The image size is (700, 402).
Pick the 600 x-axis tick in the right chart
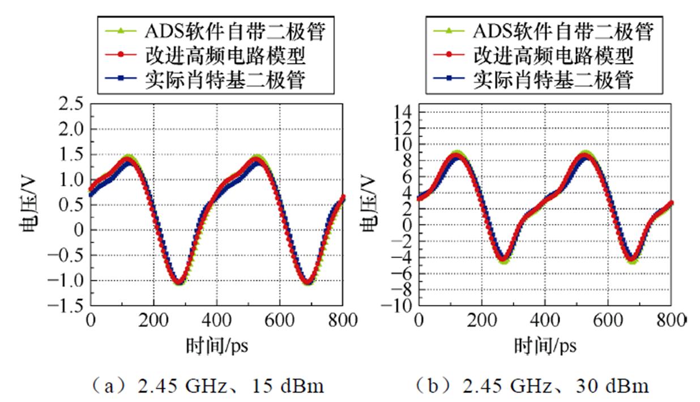pyautogui.click(x=608, y=321)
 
